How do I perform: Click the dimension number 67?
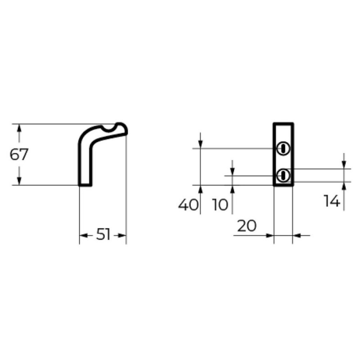pyautogui.click(x=19, y=154)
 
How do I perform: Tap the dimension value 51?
pyautogui.click(x=103, y=234)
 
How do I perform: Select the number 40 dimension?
pyautogui.click(x=188, y=205)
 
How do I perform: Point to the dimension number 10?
pyautogui.click(x=220, y=205)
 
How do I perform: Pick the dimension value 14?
pyautogui.click(x=332, y=201)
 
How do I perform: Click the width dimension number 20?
pyautogui.click(x=247, y=226)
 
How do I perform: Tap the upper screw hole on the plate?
pyautogui.click(x=283, y=148)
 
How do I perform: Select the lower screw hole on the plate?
pyautogui.click(x=283, y=176)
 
